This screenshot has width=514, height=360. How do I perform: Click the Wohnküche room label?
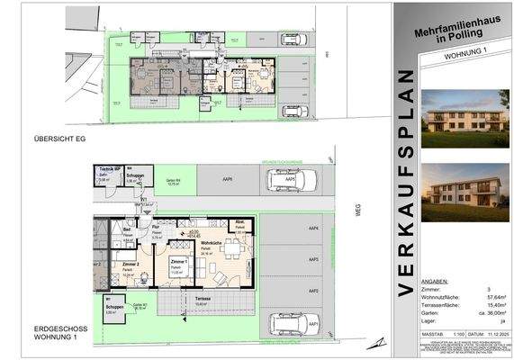[x=212, y=243]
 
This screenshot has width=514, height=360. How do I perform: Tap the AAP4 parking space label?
[x=314, y=229]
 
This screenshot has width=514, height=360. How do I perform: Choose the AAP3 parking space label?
[x=314, y=260]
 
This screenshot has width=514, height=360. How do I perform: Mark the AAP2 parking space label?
[x=314, y=291]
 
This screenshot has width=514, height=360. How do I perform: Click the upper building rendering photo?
[x=454, y=118]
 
